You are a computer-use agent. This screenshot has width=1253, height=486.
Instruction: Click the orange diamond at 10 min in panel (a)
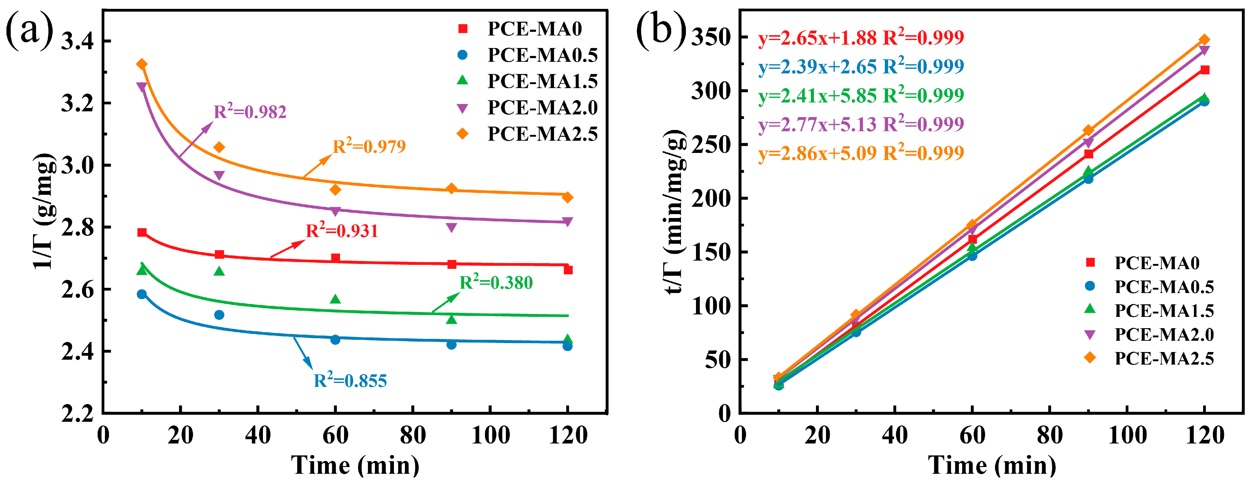pos(141,64)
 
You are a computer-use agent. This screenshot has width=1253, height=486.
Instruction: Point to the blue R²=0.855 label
pos(350,380)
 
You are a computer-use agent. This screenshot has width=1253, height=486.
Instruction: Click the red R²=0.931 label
pos(342,230)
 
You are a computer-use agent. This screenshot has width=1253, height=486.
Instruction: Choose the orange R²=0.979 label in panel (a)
pos(369,146)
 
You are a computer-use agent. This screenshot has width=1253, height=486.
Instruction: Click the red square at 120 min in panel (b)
pos(1204,70)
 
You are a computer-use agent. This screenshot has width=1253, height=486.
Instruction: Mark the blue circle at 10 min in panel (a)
pos(141,294)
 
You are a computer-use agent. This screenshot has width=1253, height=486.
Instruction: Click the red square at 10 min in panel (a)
pos(141,232)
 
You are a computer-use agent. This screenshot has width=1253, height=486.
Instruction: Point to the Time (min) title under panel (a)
pos(355,466)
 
